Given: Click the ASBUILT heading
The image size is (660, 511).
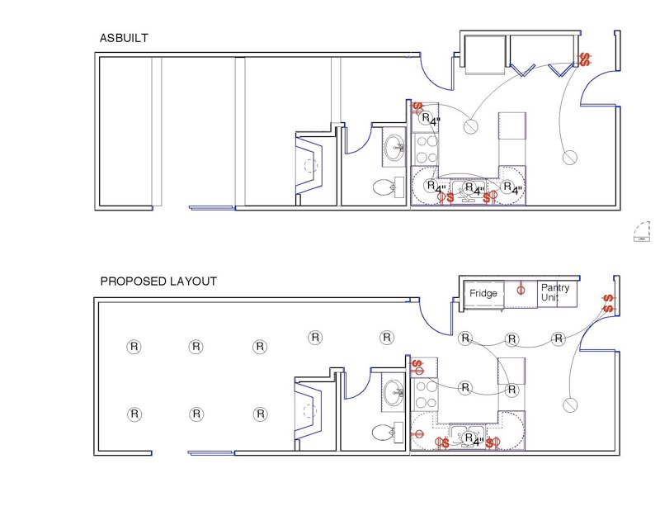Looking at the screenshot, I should pos(124,38).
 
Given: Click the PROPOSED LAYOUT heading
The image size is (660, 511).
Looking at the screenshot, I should pos(158,282).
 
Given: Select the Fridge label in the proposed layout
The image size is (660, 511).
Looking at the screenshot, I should pos(483,293).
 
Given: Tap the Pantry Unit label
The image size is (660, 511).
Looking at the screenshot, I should pos(555,292).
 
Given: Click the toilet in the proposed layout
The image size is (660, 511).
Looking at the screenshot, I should pos(384,432).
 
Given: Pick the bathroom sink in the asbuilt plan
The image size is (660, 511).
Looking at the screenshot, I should pos(394,149).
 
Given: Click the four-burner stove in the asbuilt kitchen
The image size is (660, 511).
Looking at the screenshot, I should pos(426,149).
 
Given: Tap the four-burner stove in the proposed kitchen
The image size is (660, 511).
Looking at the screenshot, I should pos(426,395).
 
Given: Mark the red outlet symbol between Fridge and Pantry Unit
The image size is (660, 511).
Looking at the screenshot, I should pos(521,289).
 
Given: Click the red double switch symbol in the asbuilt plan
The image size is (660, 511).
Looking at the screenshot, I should pos(586,59).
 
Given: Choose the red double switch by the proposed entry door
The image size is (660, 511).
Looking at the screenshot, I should pos(607,303).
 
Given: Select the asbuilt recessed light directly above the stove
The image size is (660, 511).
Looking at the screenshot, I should pos(427,119).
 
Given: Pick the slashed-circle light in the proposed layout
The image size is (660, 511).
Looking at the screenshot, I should pos(568,405).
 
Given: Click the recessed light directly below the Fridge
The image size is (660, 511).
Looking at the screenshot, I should pos(464,338).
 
